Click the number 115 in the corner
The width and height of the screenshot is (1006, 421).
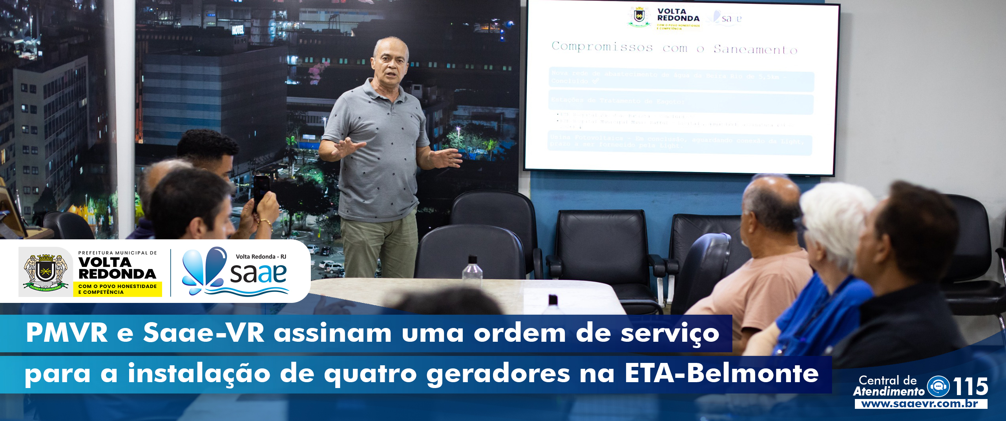(970, 386)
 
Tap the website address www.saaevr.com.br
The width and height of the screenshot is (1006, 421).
(920, 404)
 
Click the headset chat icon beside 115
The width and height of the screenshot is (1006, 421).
(938, 386)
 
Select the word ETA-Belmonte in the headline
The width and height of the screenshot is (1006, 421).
(721, 373)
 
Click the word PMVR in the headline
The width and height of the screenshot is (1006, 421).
(67, 333)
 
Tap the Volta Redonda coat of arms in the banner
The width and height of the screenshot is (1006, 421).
(46, 272)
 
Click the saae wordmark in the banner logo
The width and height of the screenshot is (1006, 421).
(258, 273)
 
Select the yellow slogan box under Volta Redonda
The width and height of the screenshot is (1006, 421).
(117, 289)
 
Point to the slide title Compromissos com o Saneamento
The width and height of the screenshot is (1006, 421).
(674, 48)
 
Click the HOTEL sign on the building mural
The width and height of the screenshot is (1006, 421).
(238, 29)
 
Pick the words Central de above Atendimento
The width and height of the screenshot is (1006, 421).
(887, 380)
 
